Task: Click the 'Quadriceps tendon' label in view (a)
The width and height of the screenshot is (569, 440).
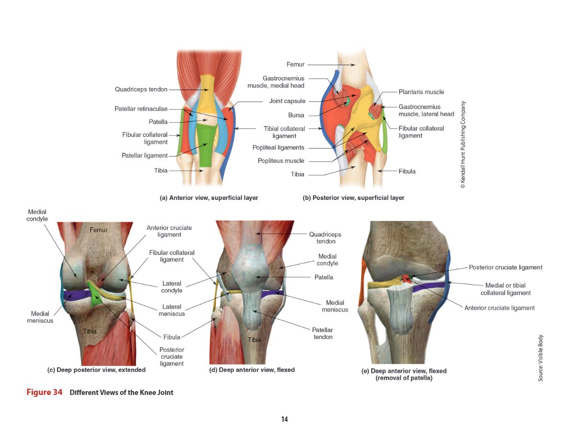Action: [141, 89]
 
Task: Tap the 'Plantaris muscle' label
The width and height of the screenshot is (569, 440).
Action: [421, 92]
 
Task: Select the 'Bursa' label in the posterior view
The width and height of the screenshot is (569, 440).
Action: [296, 116]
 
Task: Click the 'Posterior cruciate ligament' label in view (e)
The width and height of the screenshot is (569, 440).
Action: [505, 267]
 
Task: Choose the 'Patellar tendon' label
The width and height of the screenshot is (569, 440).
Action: [322, 333]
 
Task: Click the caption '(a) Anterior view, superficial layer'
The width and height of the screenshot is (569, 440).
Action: [209, 198]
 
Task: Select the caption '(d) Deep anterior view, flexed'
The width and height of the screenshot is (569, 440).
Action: [252, 370]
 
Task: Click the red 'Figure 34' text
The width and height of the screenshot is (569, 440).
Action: [44, 393]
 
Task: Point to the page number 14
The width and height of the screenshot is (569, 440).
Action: [284, 419]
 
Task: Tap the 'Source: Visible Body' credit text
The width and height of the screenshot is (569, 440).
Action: [540, 358]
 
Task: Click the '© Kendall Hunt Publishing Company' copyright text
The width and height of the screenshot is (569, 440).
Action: [462, 144]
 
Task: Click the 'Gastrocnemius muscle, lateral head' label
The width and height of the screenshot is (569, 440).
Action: [426, 110]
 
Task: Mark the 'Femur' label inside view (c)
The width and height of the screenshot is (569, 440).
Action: [99, 230]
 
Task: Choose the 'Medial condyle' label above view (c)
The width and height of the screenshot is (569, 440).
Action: [37, 215]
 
